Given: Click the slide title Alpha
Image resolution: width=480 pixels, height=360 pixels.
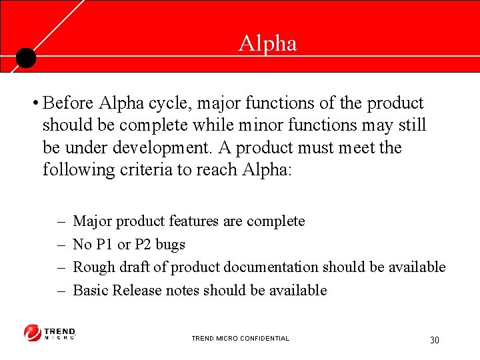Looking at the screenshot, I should point(268,43).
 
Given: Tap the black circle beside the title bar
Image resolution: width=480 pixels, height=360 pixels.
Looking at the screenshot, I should point(25,59).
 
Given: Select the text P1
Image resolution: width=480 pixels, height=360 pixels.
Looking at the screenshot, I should point(105,244).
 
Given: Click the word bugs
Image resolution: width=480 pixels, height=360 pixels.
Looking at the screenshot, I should point(170,245).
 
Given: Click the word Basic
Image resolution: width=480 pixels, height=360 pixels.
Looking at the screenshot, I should point(91,290).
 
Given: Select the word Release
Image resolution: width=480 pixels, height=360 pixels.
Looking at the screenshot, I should point(137,290).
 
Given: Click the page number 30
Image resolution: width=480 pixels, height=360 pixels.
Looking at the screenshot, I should point(435,340).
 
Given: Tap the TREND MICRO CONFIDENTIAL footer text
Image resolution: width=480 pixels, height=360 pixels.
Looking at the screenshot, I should point(240,339).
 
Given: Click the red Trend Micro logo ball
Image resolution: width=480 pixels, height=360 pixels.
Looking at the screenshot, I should point(33,333).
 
